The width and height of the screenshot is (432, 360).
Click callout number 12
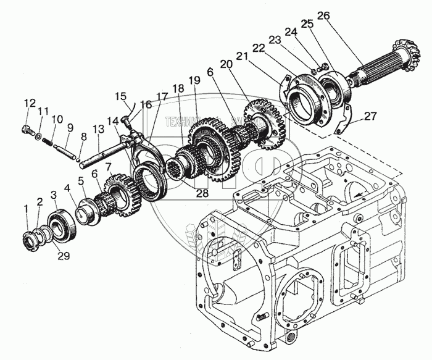[x=28, y=102]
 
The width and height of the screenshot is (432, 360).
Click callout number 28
[x=202, y=193]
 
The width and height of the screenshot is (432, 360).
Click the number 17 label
[x=161, y=96]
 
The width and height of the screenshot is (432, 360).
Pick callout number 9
[x=70, y=127]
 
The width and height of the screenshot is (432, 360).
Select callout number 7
[x=109, y=166]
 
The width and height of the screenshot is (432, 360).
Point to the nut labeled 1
[x=29, y=241]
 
